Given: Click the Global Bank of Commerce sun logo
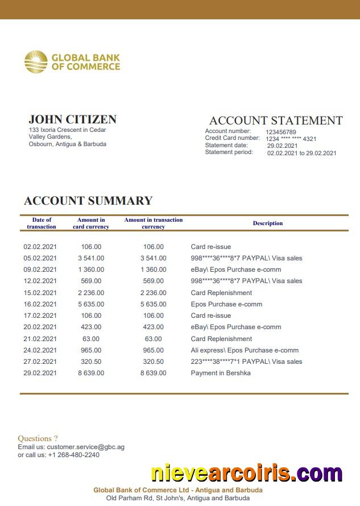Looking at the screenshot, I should pyautogui.click(x=36, y=62).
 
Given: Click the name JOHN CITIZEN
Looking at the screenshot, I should pyautogui.click(x=72, y=119).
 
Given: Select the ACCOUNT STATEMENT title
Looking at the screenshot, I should pyautogui.click(x=276, y=121).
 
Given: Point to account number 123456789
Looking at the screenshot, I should pyautogui.click(x=281, y=132).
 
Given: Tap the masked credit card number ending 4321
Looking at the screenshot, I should pyautogui.click(x=291, y=139).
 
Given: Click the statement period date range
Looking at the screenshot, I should pyautogui.click(x=301, y=153).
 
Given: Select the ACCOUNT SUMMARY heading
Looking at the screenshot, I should pyautogui.click(x=88, y=201).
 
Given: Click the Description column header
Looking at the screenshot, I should pyautogui.click(x=267, y=223).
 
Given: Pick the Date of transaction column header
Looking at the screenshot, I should pyautogui.click(x=42, y=223).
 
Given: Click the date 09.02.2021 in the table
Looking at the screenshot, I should pyautogui.click(x=40, y=269).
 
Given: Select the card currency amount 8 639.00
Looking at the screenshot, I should pyautogui.click(x=91, y=373).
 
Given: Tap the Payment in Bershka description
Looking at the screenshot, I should pyautogui.click(x=221, y=373).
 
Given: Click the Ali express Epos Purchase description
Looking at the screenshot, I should pyautogui.click(x=245, y=350).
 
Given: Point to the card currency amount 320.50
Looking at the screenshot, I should pyautogui.click(x=91, y=362).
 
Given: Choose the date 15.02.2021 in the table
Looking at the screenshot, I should pyautogui.click(x=40, y=293).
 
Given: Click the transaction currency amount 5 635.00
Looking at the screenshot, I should pyautogui.click(x=154, y=304).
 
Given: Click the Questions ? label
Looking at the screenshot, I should pyautogui.click(x=38, y=438).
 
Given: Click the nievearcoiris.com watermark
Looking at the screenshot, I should pyautogui.click(x=246, y=473).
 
